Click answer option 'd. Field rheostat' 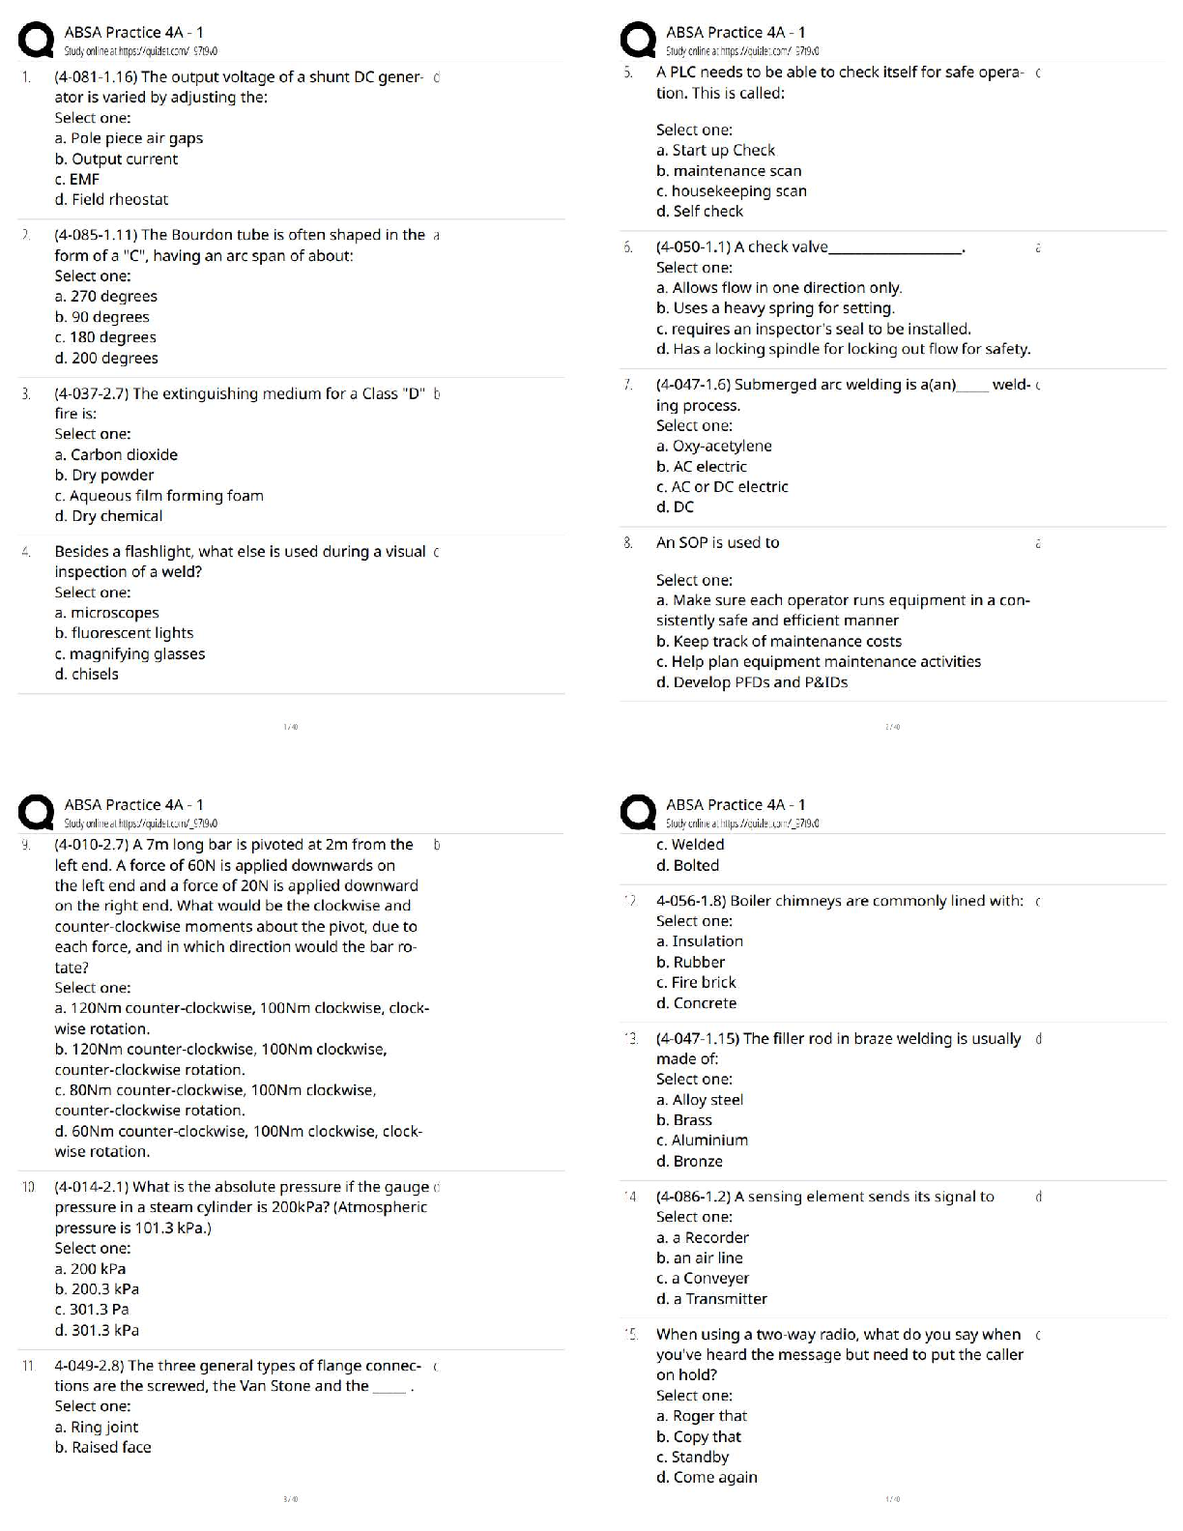click(x=111, y=200)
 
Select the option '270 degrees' click(x=106, y=297)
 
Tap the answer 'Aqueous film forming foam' click(x=159, y=496)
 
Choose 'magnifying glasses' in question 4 click(x=130, y=654)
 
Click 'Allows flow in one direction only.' click(x=779, y=288)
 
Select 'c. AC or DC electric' click(x=722, y=487)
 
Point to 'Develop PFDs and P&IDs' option click(x=752, y=682)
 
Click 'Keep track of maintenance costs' click(x=779, y=642)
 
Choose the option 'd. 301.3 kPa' click(x=97, y=1331)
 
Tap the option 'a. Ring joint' click(x=97, y=1428)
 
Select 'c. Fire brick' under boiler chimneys click(x=696, y=983)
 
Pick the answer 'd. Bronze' click(x=689, y=1162)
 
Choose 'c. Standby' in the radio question click(x=692, y=1458)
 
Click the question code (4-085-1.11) click(x=96, y=235)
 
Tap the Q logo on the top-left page click(x=37, y=42)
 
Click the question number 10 click(x=29, y=1187)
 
